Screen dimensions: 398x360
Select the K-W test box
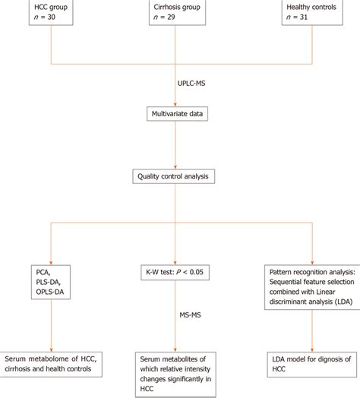[x=176, y=270]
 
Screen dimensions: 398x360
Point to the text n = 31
[x=302, y=18]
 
